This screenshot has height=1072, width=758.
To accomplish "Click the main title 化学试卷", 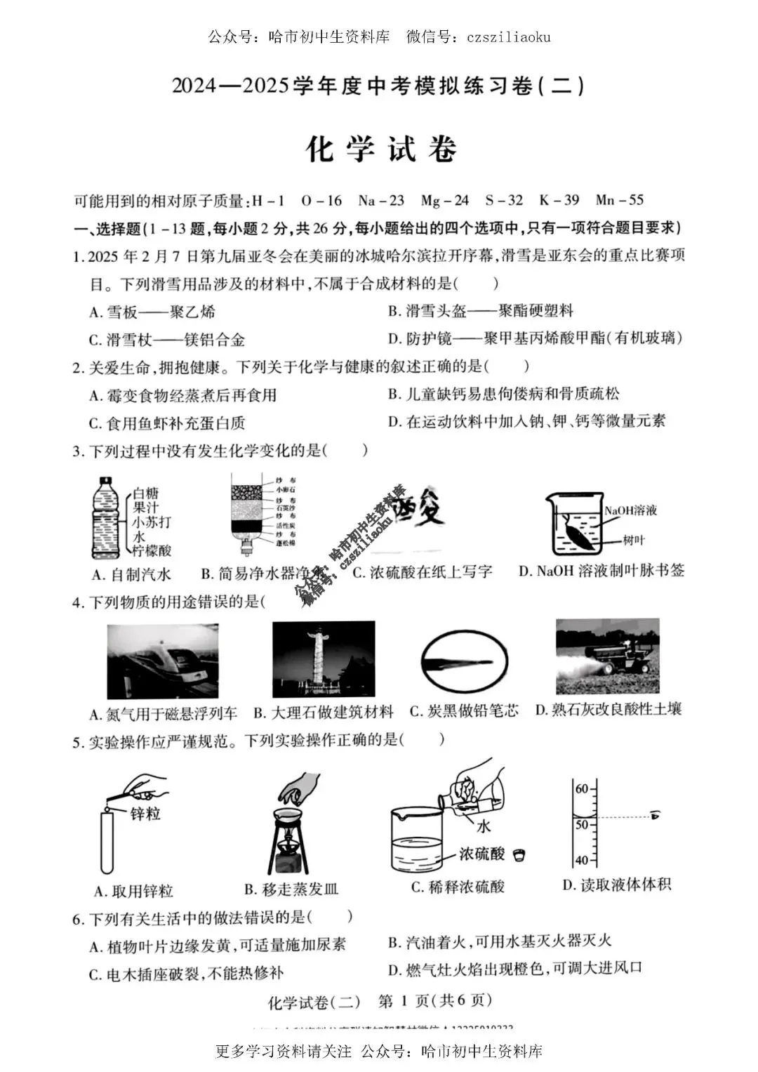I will pos(381,150).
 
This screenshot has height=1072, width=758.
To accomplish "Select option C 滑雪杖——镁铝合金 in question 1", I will pos(167,340).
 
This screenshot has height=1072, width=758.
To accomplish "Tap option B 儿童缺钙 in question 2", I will pos(504,394).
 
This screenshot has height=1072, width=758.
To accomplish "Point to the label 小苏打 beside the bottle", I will pos(152,522).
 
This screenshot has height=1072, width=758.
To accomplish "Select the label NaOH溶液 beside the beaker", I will pos(630,510).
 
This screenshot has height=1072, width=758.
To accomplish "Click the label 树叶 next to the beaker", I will pos(633,540).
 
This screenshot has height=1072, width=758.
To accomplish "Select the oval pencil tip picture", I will pos(464,661).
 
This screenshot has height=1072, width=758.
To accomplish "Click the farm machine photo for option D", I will pos(607,656).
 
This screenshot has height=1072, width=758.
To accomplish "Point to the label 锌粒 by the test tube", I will pos(145,814).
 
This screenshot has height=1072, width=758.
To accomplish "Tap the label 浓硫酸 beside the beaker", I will pos(481,854).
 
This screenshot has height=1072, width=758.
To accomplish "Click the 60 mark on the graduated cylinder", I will pos(582,788).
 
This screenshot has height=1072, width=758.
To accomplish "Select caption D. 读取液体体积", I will pos(616,885).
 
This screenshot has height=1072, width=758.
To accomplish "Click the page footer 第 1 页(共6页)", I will pos(435,1000).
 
